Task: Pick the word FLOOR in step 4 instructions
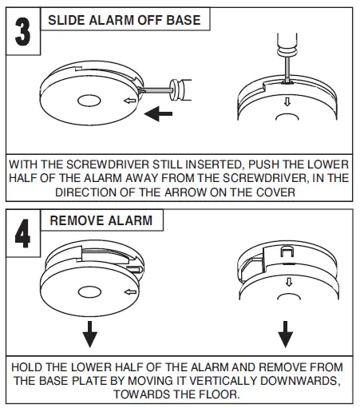pos(218,394)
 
